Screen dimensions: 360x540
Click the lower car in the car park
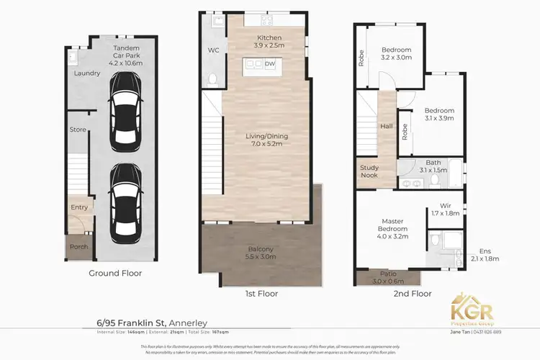125,203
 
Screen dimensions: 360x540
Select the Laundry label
86,73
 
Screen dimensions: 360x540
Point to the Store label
78,130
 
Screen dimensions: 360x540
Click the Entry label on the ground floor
79,207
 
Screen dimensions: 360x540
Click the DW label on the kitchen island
270,64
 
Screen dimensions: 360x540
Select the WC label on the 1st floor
213,51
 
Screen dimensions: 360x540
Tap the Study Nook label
369,171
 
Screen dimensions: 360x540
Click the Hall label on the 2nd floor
387,126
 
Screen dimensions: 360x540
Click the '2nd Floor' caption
413,294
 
